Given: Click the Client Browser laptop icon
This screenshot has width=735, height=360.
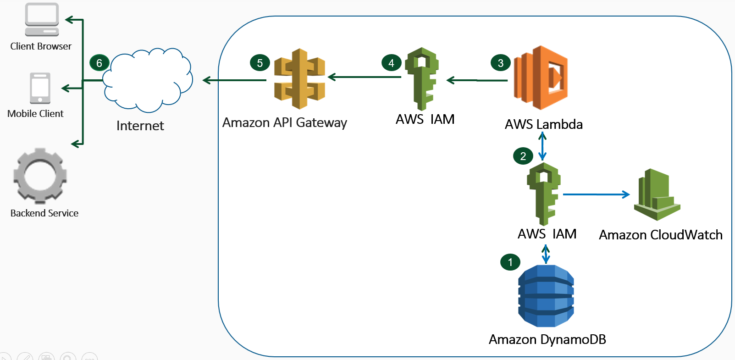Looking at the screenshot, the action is pyautogui.click(x=42, y=19).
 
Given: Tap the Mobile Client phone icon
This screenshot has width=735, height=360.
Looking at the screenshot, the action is pyautogui.click(x=40, y=88).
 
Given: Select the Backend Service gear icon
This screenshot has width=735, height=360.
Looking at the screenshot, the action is pyautogui.click(x=40, y=176).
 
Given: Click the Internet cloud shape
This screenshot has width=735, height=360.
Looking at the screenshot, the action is pyautogui.click(x=148, y=80).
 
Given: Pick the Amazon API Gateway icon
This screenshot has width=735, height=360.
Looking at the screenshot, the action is pyautogui.click(x=299, y=79).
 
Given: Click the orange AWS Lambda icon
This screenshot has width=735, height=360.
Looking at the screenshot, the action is pyautogui.click(x=541, y=78).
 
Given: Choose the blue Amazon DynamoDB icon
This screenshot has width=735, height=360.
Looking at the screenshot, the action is pyautogui.click(x=546, y=296).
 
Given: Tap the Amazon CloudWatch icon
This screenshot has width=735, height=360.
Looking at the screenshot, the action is pyautogui.click(x=657, y=194).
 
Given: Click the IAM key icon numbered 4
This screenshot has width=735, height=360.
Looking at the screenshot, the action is pyautogui.click(x=422, y=79).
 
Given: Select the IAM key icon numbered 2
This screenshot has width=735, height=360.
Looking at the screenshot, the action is pyautogui.click(x=544, y=194).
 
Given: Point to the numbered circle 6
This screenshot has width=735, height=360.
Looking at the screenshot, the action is pyautogui.click(x=99, y=63).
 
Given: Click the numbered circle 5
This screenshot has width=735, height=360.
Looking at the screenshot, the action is pyautogui.click(x=260, y=63).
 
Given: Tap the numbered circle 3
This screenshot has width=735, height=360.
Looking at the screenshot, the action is pyautogui.click(x=501, y=63).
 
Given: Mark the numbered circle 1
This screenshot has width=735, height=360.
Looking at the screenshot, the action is pyautogui.click(x=510, y=262).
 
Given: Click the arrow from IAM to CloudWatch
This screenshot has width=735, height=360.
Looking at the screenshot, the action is pyautogui.click(x=596, y=194).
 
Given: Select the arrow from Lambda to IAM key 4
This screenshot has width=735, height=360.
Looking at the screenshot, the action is pyautogui.click(x=477, y=80).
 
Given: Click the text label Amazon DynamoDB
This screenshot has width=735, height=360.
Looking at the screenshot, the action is pyautogui.click(x=547, y=339).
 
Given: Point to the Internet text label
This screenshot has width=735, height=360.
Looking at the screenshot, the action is pyautogui.click(x=140, y=126).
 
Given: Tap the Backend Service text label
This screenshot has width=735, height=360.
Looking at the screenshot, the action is pyautogui.click(x=44, y=213).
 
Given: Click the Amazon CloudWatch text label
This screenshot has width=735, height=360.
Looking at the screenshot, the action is pyautogui.click(x=661, y=235).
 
